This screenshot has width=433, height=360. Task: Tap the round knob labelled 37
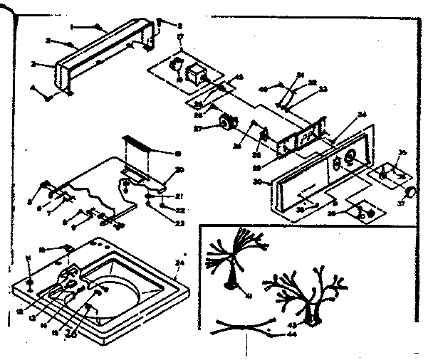(411, 192)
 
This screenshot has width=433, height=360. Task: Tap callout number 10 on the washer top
(43, 250)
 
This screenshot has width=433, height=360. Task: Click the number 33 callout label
(323, 90)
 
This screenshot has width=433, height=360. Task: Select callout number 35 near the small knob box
(402, 152)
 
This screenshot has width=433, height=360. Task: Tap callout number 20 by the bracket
(180, 169)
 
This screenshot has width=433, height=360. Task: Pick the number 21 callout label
(179, 197)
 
